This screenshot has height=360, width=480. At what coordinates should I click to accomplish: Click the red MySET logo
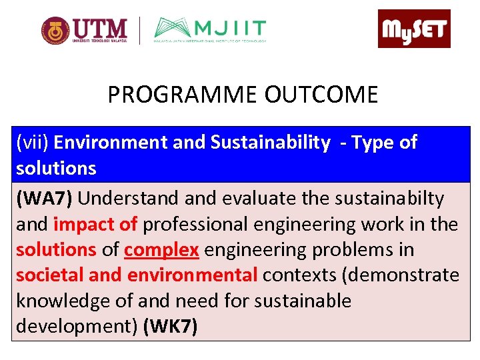414,29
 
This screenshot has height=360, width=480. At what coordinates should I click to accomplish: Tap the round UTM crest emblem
55,30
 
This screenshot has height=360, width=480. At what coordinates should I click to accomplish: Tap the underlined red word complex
161,250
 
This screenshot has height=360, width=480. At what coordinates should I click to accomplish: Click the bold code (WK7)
171,327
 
